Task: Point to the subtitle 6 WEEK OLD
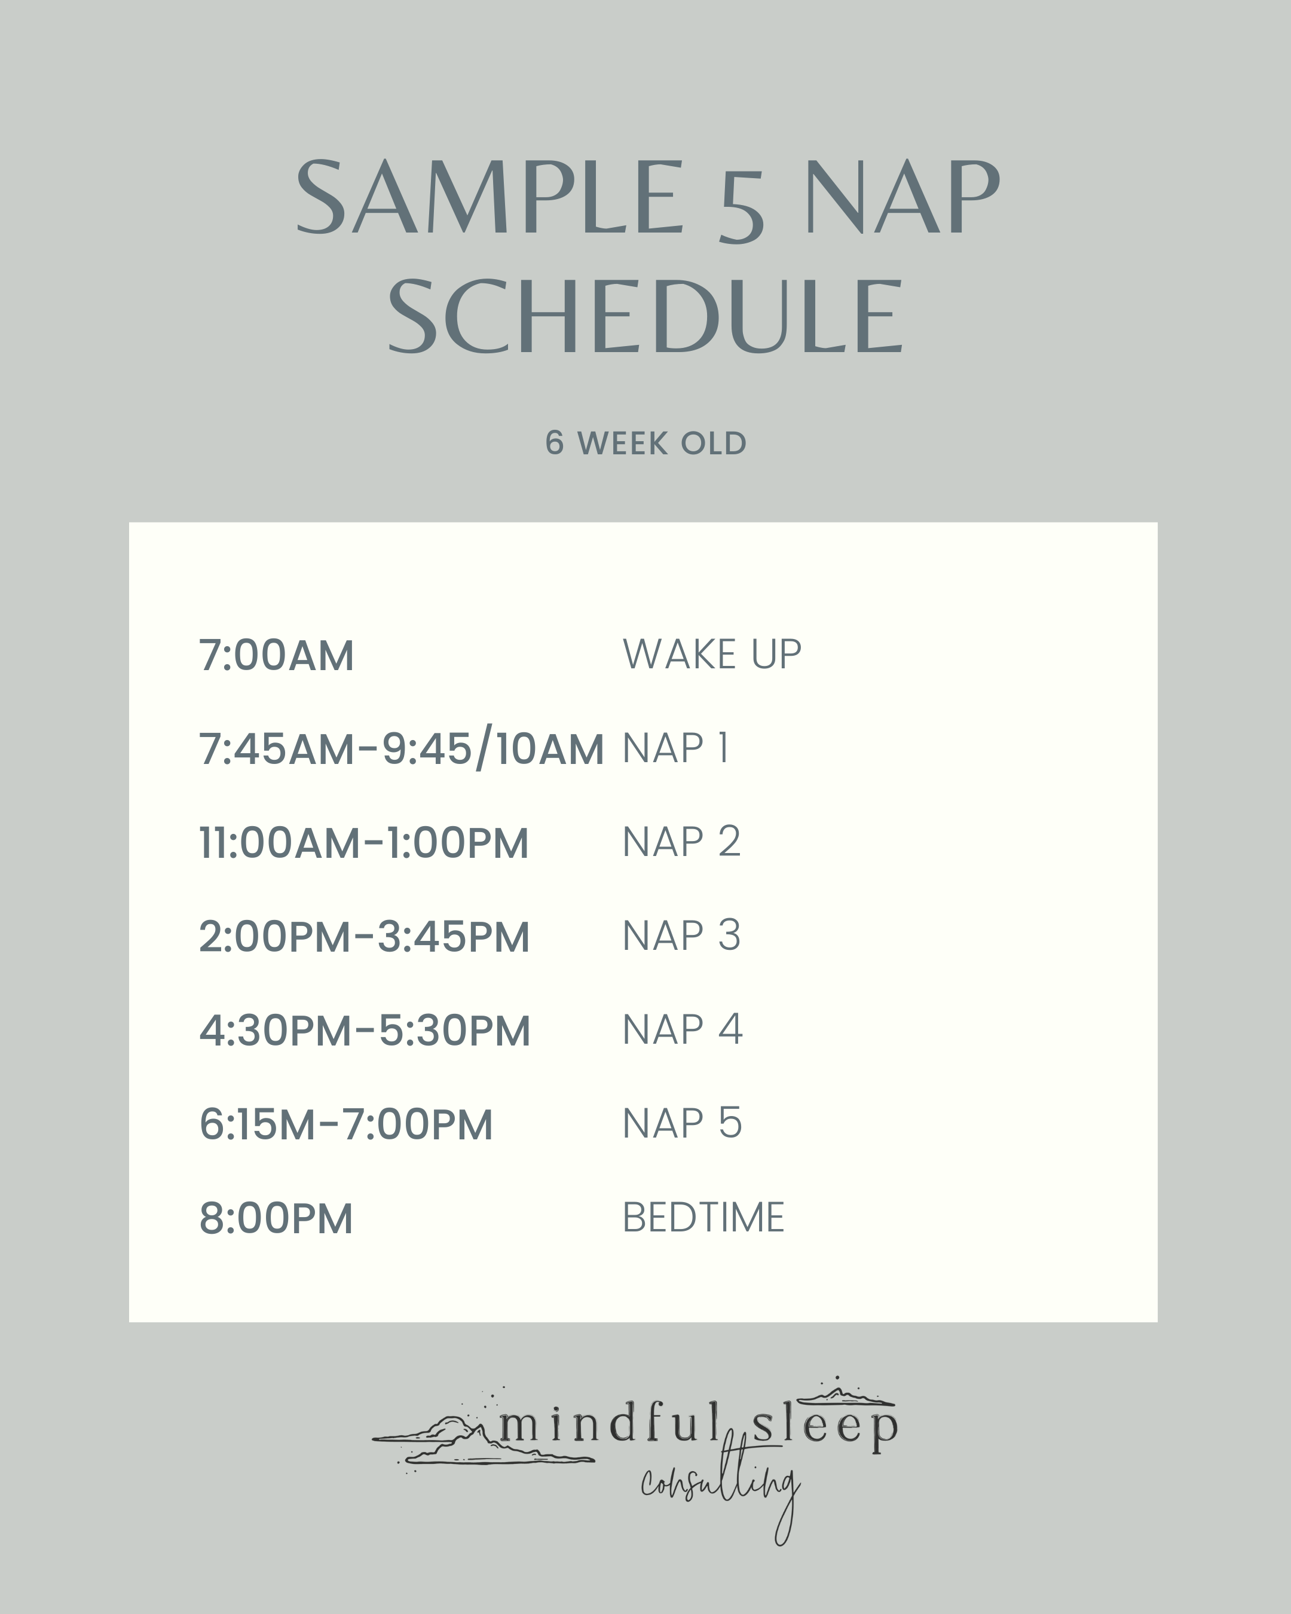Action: pos(645,443)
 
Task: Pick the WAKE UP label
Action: pos(712,655)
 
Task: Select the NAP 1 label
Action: pos(675,748)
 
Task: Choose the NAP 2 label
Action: pos(681,842)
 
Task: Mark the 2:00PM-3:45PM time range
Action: pos(365,937)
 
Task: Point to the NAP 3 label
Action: pos(681,936)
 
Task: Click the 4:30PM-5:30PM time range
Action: pos(365,1030)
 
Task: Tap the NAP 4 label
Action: pos(682,1029)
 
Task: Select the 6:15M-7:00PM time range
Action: pos(346,1124)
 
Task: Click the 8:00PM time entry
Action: pos(276,1218)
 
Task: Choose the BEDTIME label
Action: pos(703,1217)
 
